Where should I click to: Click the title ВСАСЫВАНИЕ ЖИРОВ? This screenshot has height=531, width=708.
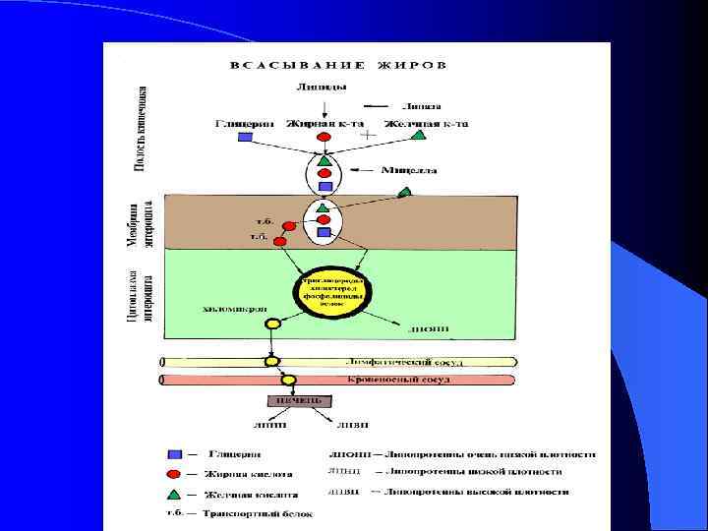point(338,66)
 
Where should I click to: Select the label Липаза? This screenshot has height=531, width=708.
point(420,106)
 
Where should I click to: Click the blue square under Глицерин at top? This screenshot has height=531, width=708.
point(246,137)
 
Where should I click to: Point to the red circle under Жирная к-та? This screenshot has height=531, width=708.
point(323,137)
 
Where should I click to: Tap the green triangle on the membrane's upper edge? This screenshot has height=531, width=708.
point(404,195)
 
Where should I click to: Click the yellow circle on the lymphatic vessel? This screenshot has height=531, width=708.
point(272,362)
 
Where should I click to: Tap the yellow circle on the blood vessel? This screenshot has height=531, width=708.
point(289,380)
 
